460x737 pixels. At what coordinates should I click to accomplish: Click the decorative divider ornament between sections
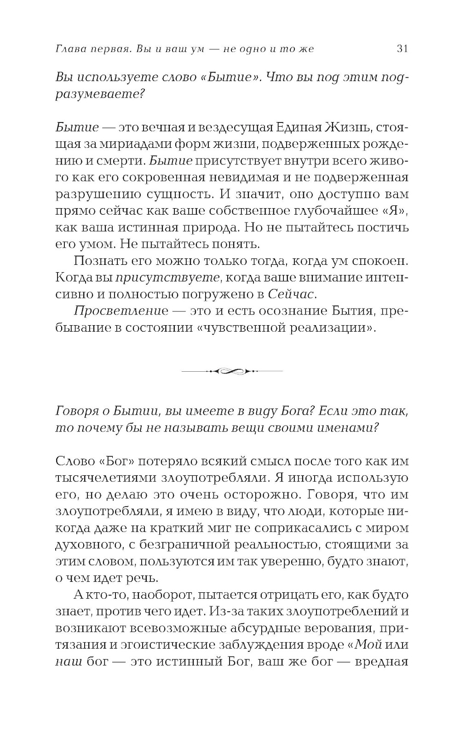[x=232, y=370]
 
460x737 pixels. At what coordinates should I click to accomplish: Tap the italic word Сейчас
[x=293, y=294]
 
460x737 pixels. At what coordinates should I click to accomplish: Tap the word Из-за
[x=223, y=612]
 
